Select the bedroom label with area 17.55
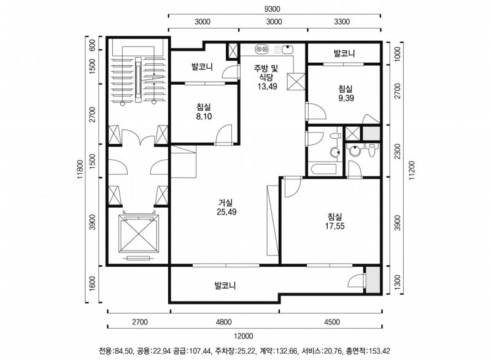[x=334, y=221]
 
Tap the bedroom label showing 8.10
[x=204, y=111]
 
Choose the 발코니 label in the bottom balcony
[x=225, y=286]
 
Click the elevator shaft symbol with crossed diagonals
[x=138, y=233]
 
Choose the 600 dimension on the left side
[x=92, y=45]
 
